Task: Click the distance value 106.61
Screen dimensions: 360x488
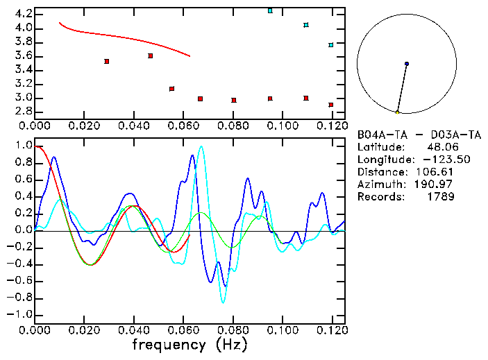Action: click(437, 172)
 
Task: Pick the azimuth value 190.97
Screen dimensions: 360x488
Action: click(437, 185)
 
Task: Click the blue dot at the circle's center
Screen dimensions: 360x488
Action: click(407, 64)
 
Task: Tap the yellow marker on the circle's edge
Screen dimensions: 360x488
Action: click(397, 112)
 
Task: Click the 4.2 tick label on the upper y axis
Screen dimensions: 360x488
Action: click(23, 14)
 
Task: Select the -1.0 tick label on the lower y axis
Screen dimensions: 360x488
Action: click(20, 314)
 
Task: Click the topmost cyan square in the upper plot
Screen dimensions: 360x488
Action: click(270, 11)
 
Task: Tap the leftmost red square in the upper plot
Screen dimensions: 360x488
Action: click(106, 61)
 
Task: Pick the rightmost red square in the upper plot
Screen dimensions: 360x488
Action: click(331, 105)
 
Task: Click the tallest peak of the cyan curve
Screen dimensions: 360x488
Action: click(201, 146)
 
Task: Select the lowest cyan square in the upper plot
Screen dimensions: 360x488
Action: click(331, 45)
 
